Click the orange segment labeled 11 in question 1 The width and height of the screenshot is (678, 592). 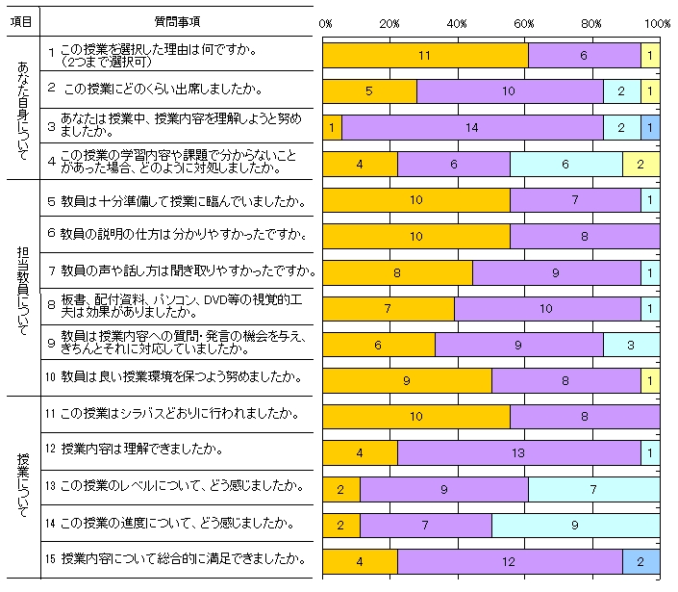click(x=424, y=56)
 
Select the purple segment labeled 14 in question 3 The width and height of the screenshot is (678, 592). click(x=472, y=127)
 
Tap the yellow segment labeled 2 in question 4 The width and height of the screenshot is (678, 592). click(x=640, y=164)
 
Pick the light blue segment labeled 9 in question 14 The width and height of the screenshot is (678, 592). click(x=574, y=524)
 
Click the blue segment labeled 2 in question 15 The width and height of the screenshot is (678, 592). click(x=640, y=559)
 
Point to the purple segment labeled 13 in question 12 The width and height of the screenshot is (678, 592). click(x=518, y=451)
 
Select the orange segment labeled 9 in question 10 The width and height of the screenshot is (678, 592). click(x=407, y=380)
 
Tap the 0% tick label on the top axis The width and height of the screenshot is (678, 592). click(x=325, y=22)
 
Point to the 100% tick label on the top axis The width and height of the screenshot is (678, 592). click(x=658, y=22)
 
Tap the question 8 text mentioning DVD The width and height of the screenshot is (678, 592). click(x=183, y=307)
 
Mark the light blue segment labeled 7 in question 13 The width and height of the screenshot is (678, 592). click(x=593, y=488)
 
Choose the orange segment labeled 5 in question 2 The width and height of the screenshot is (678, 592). click(x=369, y=91)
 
